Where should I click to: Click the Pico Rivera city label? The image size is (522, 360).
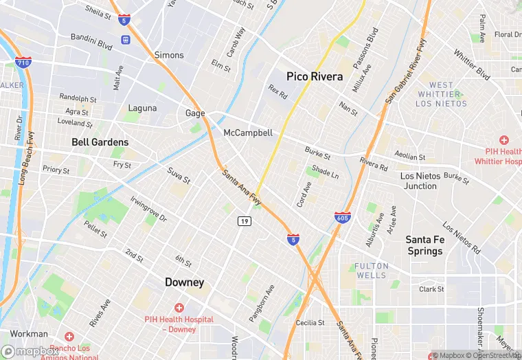pos(314,76)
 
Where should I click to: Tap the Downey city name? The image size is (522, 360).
pos(184,282)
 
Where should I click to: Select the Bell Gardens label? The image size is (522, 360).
pos(100,142)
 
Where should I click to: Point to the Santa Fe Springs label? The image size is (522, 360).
pos(424,245)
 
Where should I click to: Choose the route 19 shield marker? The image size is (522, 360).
pos(244,221)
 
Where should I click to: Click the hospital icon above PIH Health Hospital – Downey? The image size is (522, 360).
pos(179,308)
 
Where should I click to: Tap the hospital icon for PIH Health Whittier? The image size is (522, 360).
pos(503,139)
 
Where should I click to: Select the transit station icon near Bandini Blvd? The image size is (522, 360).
pos(125,39)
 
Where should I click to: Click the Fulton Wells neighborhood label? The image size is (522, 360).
pos(371,270)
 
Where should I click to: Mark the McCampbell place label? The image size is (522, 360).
pos(248,133)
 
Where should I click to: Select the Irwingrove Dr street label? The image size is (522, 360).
pos(148,208)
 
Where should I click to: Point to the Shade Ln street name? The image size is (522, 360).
pos(325,171)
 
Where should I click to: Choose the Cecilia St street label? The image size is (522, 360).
pos(310,322)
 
